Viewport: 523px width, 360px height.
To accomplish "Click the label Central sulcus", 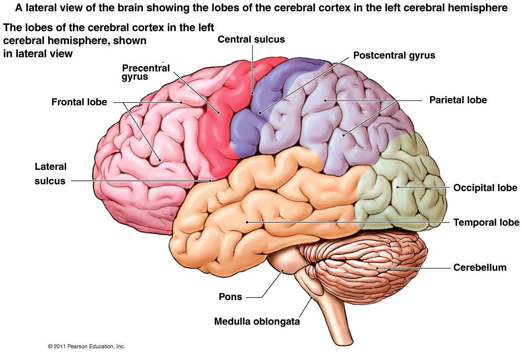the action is pos(251,39).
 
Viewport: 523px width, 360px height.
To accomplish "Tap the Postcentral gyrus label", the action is pos(394,55).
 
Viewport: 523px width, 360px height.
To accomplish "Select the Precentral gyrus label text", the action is pos(146,73).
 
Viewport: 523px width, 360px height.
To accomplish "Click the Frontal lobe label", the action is pos(79,102).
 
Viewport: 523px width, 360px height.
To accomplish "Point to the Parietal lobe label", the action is pos(458,100).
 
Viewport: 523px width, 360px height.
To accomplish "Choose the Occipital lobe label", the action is pos(485,188).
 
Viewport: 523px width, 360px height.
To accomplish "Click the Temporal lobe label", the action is pos(486,222).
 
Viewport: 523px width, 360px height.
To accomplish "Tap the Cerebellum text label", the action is pos(480,267).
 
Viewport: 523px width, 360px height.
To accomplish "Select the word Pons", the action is pos(230,297).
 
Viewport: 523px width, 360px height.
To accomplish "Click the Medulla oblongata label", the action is pos(257,322).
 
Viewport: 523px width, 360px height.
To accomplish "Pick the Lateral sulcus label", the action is pos(50,174).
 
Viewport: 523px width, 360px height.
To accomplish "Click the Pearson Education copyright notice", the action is pos(87,346).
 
